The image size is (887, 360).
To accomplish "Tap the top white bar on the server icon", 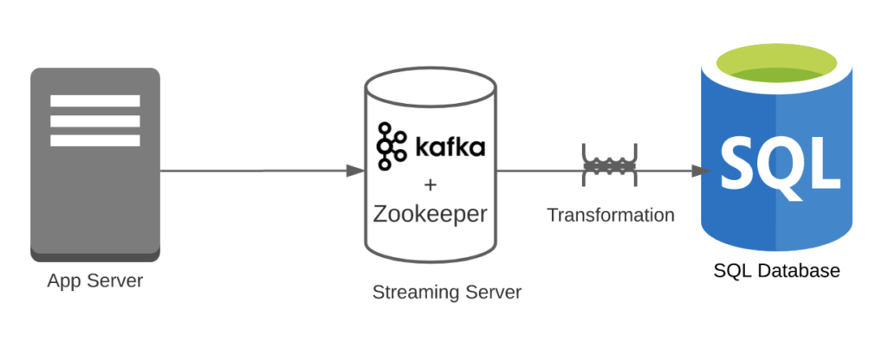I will pos(95,101).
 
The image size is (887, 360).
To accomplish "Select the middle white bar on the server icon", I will pos(95,121).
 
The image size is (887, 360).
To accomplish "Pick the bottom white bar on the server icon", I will pos(95,140).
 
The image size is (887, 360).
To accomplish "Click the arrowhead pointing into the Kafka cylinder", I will pos(355,171).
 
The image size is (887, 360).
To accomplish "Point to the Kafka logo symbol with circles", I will pos(391,146).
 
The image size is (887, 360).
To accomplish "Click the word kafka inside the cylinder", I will pos(450,147).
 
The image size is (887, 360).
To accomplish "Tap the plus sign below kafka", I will pos(430,185).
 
